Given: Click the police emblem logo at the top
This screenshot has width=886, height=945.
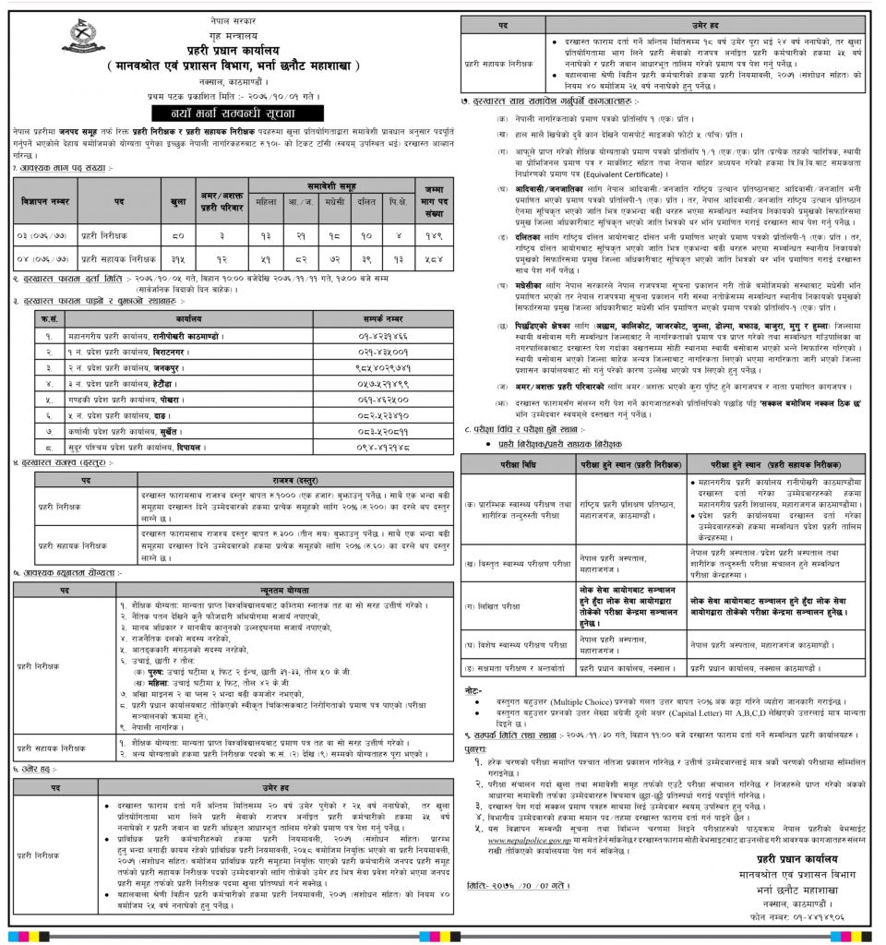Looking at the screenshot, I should [x=83, y=38].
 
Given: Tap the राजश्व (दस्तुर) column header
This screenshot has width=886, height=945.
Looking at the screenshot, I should [x=294, y=480].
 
